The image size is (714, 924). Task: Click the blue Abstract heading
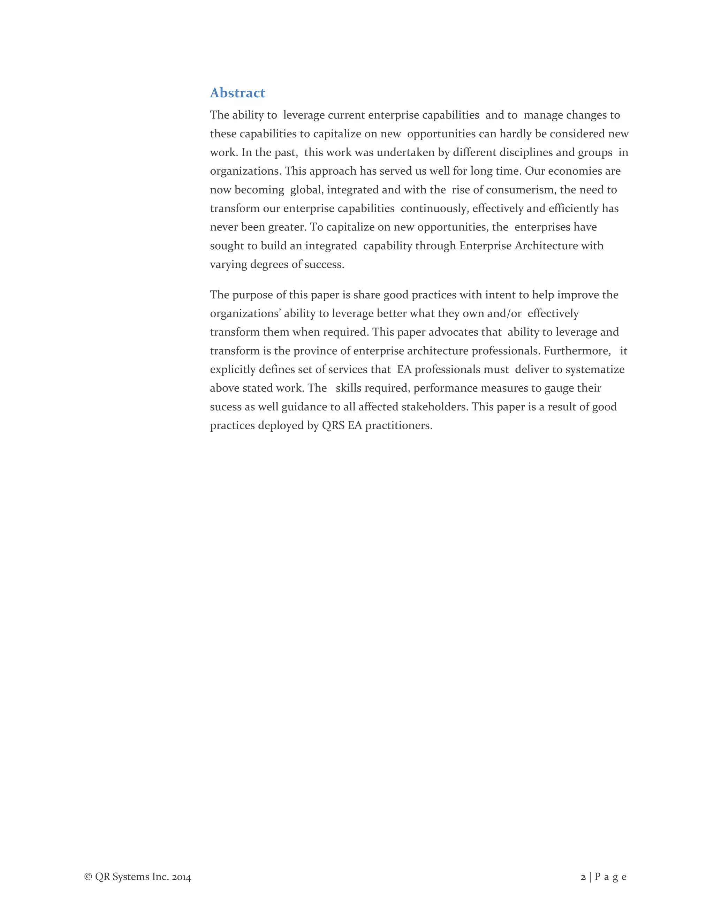point(237,93)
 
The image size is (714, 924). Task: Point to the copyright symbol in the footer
point(88,877)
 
